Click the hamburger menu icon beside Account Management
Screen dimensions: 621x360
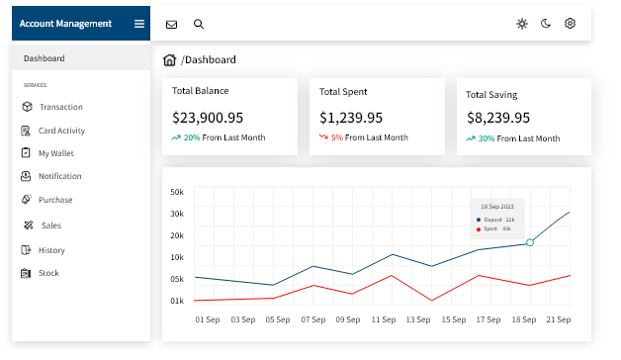pyautogui.click(x=139, y=24)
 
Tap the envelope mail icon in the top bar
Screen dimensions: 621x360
pyautogui.click(x=171, y=25)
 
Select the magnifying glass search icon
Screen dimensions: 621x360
pyautogui.click(x=199, y=24)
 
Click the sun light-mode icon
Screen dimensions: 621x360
pyautogui.click(x=522, y=24)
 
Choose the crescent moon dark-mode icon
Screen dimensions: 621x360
pyautogui.click(x=546, y=24)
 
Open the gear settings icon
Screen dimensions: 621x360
pyautogui.click(x=570, y=24)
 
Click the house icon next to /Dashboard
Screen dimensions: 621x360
pyautogui.click(x=169, y=59)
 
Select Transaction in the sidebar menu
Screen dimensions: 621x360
pyautogui.click(x=61, y=107)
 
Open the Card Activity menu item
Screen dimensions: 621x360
pyautogui.click(x=61, y=131)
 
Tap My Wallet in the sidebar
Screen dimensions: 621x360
pyautogui.click(x=55, y=153)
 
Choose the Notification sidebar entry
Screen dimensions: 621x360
pyautogui.click(x=59, y=176)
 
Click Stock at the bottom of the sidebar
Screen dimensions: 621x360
pyautogui.click(x=48, y=273)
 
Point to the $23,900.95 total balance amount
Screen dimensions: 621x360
pyautogui.click(x=208, y=118)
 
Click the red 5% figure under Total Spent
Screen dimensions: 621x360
pyautogui.click(x=337, y=137)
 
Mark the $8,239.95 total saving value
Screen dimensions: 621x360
pyautogui.click(x=498, y=118)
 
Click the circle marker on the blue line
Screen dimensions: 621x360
pyautogui.click(x=530, y=242)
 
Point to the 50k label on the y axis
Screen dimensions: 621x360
pyautogui.click(x=177, y=192)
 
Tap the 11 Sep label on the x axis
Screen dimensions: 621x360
pyautogui.click(x=384, y=319)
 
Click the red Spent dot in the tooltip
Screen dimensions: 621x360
pyautogui.click(x=479, y=229)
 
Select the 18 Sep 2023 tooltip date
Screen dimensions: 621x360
pyautogui.click(x=497, y=207)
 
